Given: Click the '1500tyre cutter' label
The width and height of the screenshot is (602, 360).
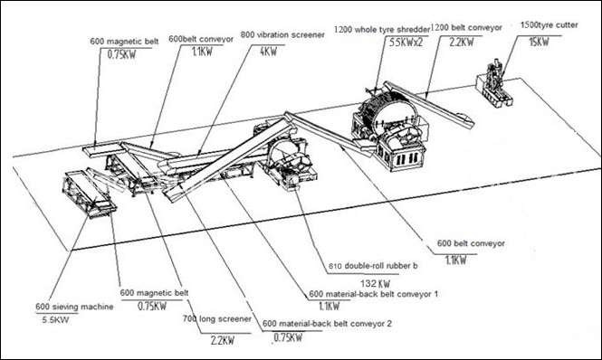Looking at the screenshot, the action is [549, 25].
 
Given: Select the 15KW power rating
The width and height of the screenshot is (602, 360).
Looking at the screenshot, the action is [539, 42].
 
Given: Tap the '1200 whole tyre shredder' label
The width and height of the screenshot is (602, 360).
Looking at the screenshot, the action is [382, 29].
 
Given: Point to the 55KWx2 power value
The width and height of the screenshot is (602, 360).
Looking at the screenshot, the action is [406, 43].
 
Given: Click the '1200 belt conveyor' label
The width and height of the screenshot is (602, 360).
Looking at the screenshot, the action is [466, 28].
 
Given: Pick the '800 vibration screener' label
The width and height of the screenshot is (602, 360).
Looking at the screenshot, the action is [282, 34].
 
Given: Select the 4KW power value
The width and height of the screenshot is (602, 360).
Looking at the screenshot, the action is [268, 52].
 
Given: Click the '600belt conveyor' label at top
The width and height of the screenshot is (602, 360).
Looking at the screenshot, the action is [201, 39].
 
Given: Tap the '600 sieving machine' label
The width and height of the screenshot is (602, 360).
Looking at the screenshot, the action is [74, 307].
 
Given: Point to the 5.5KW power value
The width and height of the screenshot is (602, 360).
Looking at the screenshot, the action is [55, 319].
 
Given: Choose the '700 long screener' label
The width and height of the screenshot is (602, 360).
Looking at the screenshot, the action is [217, 318].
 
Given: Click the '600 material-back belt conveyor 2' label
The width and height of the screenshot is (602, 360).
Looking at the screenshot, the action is [327, 324].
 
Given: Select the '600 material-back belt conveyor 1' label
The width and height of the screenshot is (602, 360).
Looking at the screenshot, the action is [374, 294].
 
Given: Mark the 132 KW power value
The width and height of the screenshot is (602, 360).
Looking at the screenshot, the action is [375, 284].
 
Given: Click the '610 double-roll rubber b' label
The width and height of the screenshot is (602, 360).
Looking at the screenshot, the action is [373, 266].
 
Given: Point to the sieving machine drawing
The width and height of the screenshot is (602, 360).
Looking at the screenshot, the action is [90, 194].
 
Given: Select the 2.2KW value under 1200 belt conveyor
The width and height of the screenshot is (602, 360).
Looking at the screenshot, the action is [462, 42].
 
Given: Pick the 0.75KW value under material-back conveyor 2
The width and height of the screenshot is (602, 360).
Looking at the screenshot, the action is [287, 337].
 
